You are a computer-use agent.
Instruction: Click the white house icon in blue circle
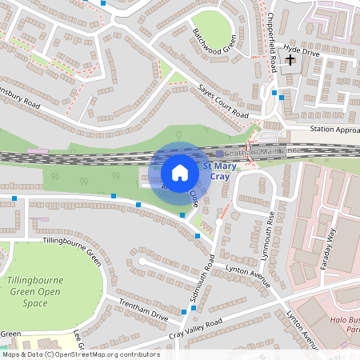180,173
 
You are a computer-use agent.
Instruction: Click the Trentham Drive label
142,311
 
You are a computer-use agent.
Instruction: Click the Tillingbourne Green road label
71,249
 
